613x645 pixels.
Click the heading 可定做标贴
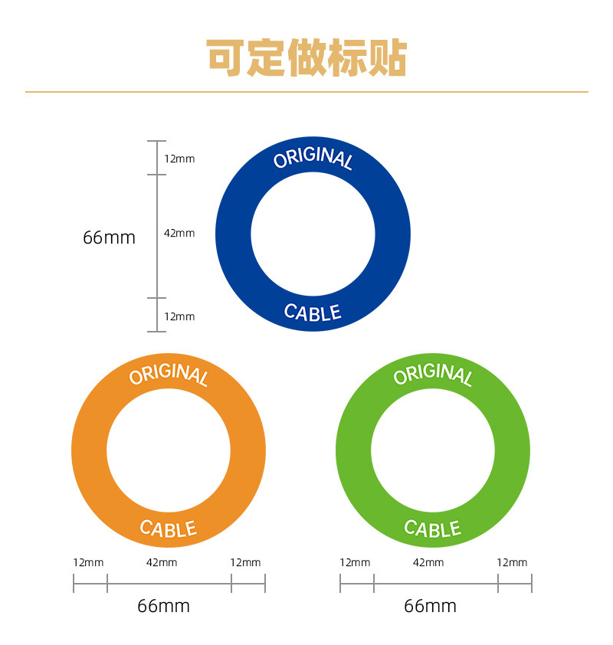pos(306,57)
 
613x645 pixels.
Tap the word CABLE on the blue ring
pos(313,312)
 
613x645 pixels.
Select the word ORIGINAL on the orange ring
pos(169,375)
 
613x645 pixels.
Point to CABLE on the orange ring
pos(169,529)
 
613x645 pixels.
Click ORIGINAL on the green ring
pos(433,375)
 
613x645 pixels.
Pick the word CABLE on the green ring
pos(433,529)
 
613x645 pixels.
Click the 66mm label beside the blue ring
pos(109,237)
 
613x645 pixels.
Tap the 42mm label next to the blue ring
pos(179,233)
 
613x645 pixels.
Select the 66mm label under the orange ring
pos(163,607)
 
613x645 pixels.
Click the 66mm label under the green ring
pos(430,607)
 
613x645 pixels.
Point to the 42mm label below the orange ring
pos(162,562)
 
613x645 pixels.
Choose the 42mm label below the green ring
pos(428,562)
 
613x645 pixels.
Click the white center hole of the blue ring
pos(313,234)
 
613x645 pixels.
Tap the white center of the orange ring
pos(169,451)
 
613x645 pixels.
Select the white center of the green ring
pos(433,451)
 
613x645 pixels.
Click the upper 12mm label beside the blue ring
pos(179,159)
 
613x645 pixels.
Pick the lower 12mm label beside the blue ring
pos(179,316)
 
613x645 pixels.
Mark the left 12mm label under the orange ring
pos(88,562)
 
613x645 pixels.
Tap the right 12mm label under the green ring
pos(512,562)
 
